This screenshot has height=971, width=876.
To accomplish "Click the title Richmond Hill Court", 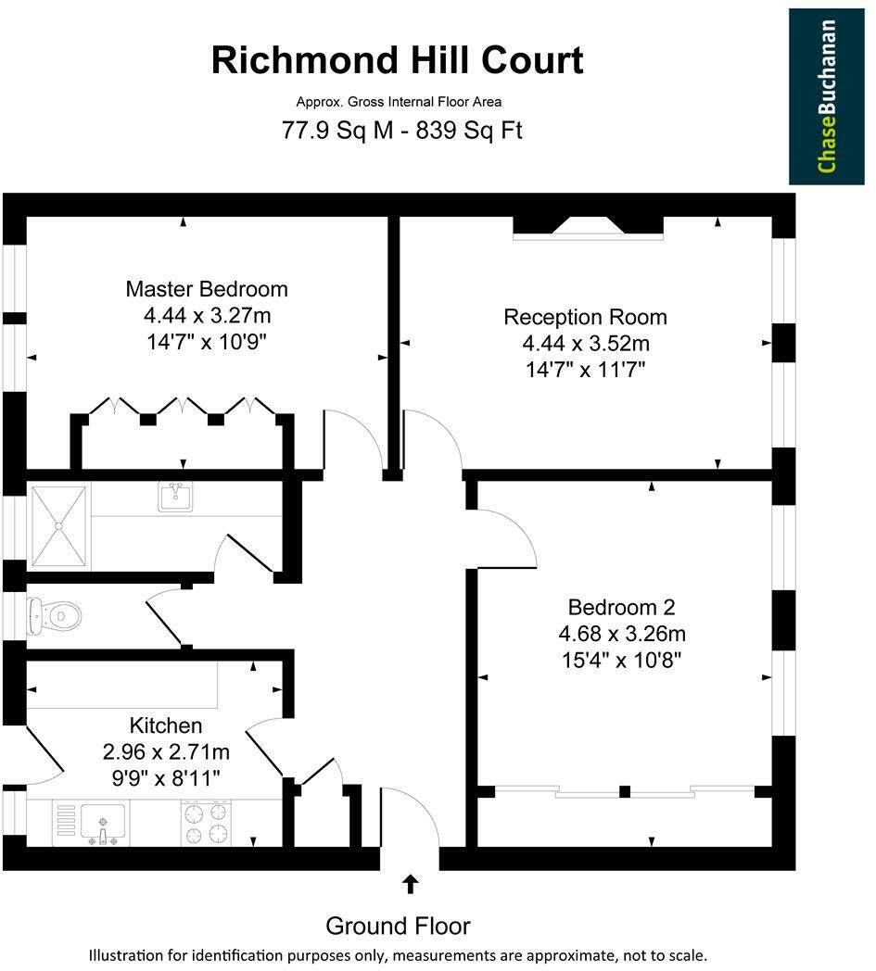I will point(397,60).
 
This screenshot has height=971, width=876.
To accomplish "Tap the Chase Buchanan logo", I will point(827,96).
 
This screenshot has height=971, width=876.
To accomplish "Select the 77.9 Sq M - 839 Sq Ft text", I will point(401,130).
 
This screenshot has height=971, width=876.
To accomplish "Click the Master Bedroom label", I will point(207,289).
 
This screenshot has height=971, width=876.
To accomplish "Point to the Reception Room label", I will point(585,317).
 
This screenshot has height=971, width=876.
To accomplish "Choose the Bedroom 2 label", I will point(621,608).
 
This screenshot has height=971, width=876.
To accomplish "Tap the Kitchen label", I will point(165,725).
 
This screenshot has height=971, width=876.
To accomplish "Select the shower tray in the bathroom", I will point(60,525).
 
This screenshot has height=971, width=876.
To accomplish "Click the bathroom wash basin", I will point(174,497).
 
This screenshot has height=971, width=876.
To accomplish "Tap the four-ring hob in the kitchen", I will point(207,823).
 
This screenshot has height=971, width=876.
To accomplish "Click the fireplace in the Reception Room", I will point(589,227).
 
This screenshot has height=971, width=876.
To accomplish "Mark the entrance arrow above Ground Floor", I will point(409,884).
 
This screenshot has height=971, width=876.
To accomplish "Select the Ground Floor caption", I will point(398,926).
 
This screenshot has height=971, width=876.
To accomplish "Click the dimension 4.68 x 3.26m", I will point(621,635).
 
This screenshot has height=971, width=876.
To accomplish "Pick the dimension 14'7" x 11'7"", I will point(584,370).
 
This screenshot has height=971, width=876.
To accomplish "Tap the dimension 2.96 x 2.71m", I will point(165,751).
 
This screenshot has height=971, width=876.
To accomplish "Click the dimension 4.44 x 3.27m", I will point(207,315).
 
